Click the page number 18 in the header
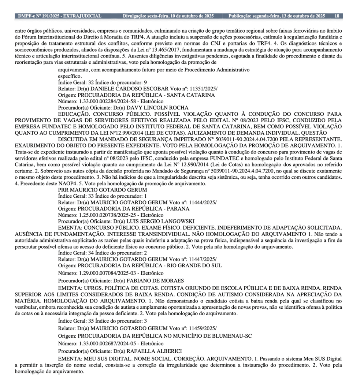[x=337, y=16]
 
